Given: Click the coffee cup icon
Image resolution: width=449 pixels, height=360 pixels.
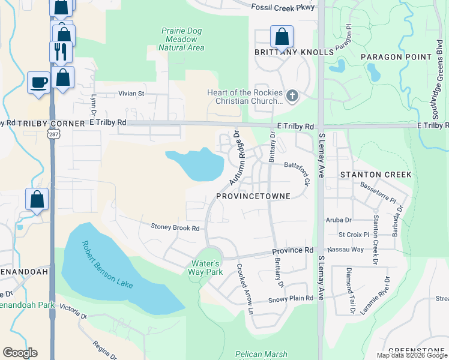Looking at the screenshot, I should point(39,82).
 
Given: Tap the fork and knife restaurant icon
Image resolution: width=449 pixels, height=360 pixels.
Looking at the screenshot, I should point(61,52).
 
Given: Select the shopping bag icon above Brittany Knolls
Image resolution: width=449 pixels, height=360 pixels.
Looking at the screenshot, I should point(282,37).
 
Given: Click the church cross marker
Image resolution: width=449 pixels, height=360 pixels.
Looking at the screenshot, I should point(292,96).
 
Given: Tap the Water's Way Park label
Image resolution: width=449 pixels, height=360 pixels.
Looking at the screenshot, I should point(207,268).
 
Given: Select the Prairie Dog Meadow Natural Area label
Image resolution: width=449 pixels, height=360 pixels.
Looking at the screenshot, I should point(182,39).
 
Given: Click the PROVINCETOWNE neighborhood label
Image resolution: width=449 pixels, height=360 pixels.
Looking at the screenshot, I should point(253,196).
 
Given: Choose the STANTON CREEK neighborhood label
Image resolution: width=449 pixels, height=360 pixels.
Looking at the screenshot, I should point(376,175).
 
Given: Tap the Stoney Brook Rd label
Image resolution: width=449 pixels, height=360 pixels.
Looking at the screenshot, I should point(175,228).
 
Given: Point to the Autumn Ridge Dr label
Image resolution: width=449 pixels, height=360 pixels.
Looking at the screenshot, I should point(233,158).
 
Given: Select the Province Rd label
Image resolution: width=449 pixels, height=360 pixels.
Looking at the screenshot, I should point(293,250).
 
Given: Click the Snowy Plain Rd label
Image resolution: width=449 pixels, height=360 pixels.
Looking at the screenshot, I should point(291,298).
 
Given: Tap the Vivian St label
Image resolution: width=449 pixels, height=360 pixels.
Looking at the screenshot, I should point(131,94).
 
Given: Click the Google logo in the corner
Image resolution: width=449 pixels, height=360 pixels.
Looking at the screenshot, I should point(20,353).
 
